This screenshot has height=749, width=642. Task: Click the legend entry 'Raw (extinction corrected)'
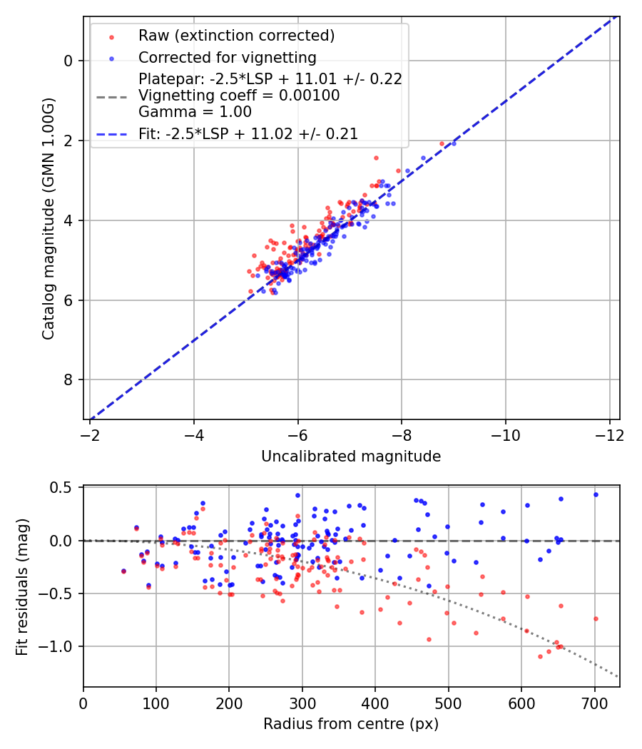tap(236, 36)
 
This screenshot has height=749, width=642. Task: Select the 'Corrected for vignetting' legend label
tap(227, 57)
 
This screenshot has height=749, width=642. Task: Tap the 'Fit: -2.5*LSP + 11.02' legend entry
tap(248, 133)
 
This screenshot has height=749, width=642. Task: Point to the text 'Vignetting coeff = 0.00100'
tap(239, 96)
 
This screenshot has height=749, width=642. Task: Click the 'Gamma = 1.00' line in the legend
tap(195, 111)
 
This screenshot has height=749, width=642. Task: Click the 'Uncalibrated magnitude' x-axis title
tap(351, 457)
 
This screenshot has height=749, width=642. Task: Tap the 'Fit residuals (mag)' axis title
tap(21, 586)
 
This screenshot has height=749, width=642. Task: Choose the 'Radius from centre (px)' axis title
tap(351, 724)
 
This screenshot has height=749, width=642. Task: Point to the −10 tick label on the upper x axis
tap(505, 434)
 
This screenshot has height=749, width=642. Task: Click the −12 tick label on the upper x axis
tap(609, 434)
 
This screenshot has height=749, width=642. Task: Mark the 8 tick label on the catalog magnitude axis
tap(68, 380)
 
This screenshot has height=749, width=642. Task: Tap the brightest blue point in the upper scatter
tap(454, 143)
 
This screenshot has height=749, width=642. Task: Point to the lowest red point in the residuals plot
tap(540, 656)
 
